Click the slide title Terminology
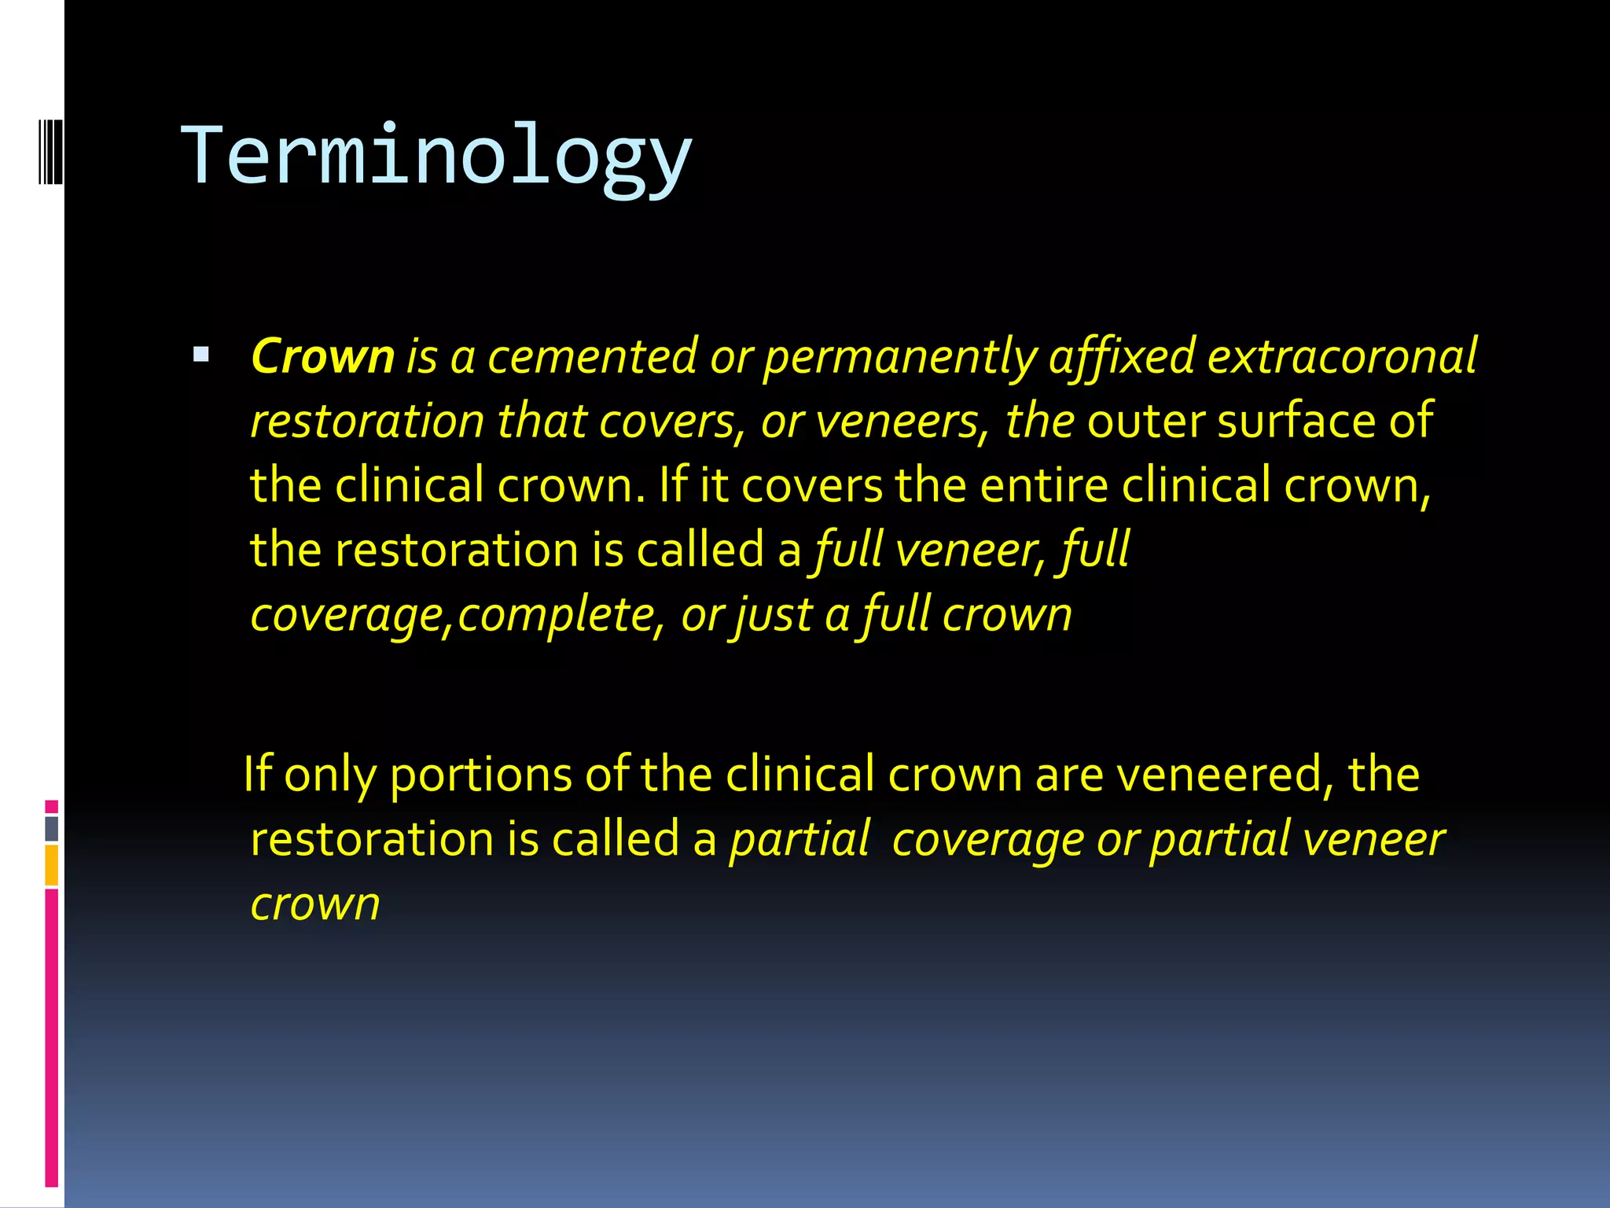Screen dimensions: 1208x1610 (437, 156)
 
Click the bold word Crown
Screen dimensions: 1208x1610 (322, 356)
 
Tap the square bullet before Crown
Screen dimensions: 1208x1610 (201, 355)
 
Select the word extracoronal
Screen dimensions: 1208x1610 (1341, 356)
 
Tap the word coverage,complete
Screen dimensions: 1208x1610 (453, 615)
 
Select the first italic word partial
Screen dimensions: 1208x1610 (799, 839)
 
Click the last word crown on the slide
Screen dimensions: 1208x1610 (315, 904)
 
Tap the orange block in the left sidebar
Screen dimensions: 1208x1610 (51, 865)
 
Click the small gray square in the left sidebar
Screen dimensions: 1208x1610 (51, 828)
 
